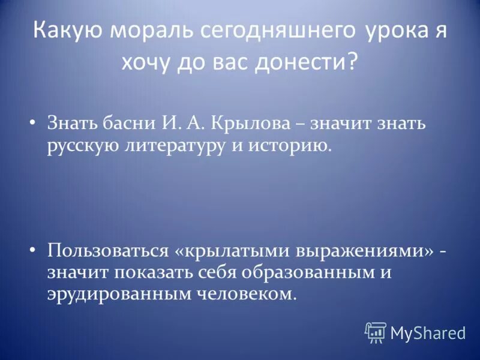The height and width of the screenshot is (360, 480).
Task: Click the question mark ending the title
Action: pos(351,62)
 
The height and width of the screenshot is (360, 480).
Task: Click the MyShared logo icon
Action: pos(375,332)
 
